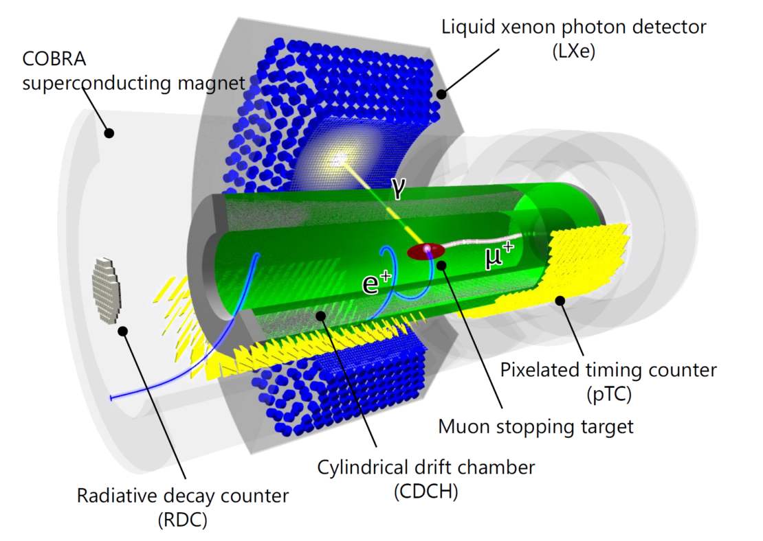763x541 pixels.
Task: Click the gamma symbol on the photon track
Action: [397, 189]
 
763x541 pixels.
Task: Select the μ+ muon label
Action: [499, 255]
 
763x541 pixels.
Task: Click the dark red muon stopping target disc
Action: [425, 252]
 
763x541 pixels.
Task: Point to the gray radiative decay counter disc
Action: [107, 291]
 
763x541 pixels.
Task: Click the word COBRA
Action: [54, 59]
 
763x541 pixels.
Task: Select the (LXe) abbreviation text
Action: [574, 51]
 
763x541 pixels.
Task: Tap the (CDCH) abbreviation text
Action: [426, 492]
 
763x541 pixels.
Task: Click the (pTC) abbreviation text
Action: [609, 393]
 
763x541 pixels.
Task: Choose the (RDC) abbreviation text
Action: [182, 520]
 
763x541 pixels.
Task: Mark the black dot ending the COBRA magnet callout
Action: [109, 133]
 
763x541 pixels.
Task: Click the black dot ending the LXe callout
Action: [441, 94]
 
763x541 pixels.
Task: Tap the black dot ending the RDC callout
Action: [123, 331]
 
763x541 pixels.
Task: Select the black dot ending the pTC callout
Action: [561, 301]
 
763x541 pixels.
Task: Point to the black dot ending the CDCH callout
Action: [321, 316]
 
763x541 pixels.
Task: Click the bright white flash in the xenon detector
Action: [339, 158]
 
